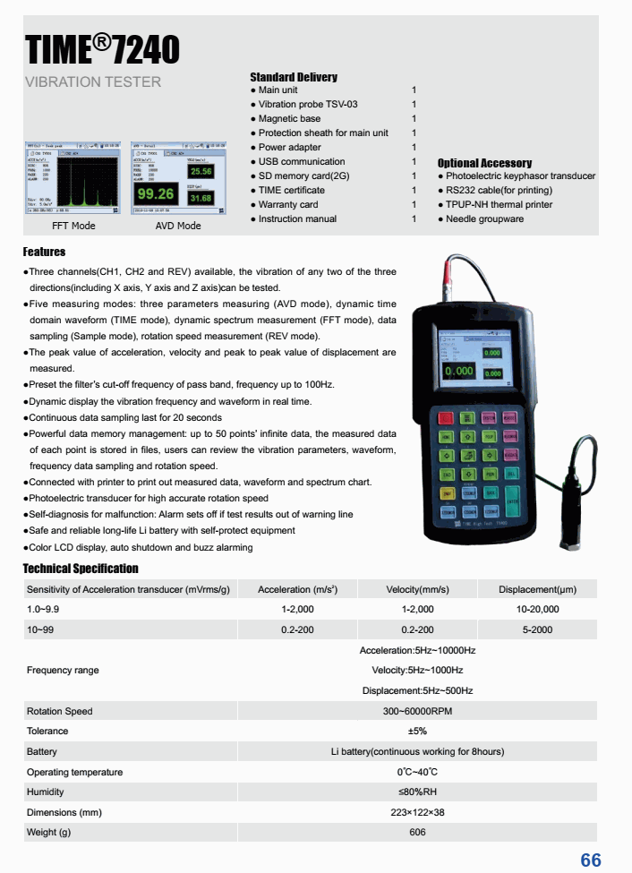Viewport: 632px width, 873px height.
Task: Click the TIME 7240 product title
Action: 102,50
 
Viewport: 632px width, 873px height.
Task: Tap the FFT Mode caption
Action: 74,226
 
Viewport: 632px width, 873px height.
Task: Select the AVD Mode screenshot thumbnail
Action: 178,177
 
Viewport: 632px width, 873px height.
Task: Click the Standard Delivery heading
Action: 293,77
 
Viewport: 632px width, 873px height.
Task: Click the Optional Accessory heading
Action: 484,163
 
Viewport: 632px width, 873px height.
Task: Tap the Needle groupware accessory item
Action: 484,219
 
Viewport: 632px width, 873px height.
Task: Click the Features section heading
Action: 44,252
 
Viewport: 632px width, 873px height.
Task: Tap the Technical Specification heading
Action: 81,569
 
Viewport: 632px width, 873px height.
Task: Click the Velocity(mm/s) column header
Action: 417,589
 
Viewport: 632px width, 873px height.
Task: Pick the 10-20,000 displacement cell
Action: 537,609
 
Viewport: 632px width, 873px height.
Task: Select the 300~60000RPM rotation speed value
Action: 417,711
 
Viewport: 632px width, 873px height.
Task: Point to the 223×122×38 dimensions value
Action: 417,812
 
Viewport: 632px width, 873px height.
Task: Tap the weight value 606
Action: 417,833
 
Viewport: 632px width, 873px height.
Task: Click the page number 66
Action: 591,860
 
